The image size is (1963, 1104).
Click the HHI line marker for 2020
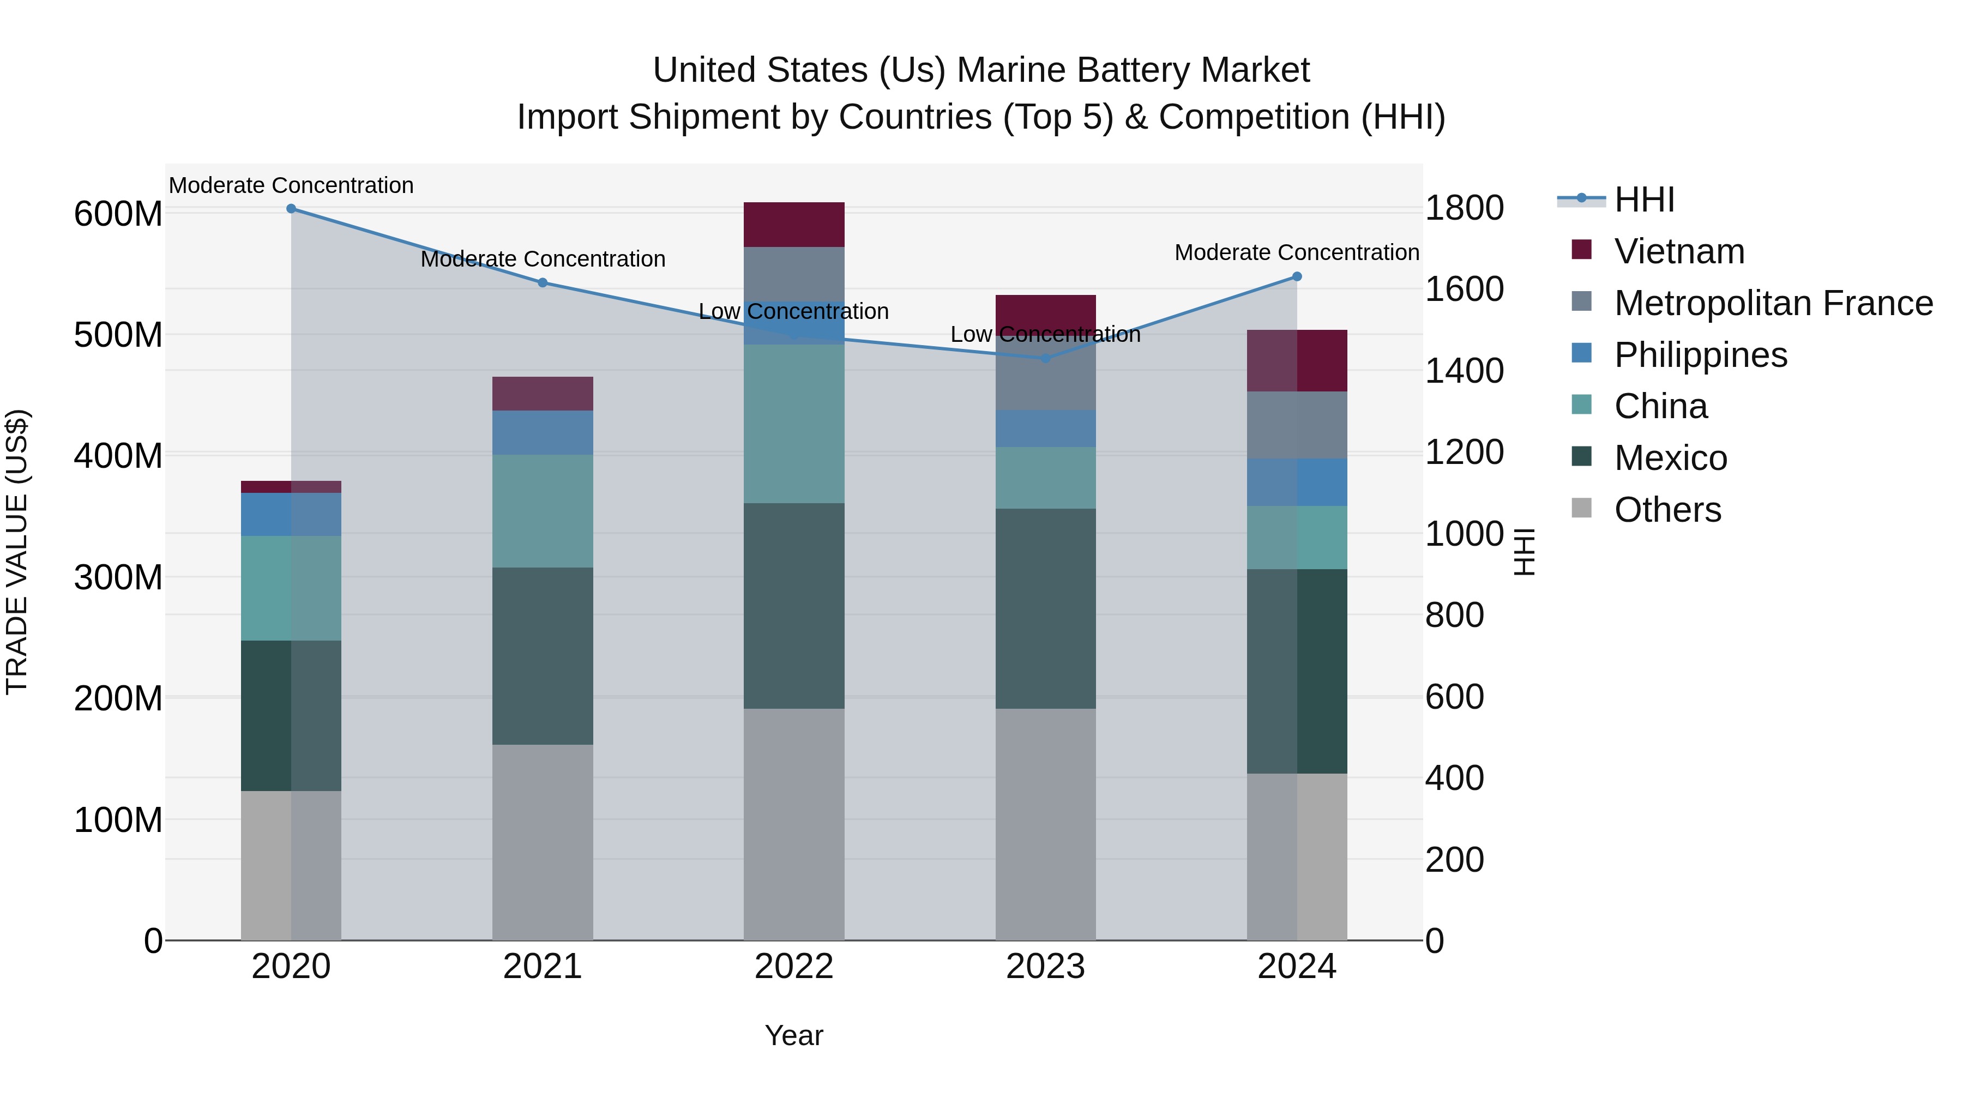[x=291, y=208]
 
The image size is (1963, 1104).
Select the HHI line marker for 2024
[x=1297, y=276]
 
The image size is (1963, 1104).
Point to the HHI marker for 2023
[x=1045, y=358]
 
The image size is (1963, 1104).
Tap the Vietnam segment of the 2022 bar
[x=794, y=224]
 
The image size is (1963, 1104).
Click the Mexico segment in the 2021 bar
[x=543, y=655]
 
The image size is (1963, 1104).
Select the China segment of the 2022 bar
[x=794, y=424]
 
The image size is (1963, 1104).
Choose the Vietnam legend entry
[x=1679, y=251]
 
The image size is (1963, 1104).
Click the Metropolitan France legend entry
[x=1773, y=303]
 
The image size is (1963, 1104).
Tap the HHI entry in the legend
[x=1643, y=200]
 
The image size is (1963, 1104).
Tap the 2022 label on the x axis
[x=794, y=966]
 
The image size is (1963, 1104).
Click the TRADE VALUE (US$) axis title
[x=17, y=552]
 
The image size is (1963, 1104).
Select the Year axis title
[x=794, y=1035]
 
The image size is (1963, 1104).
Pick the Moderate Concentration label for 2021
[x=543, y=259]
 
